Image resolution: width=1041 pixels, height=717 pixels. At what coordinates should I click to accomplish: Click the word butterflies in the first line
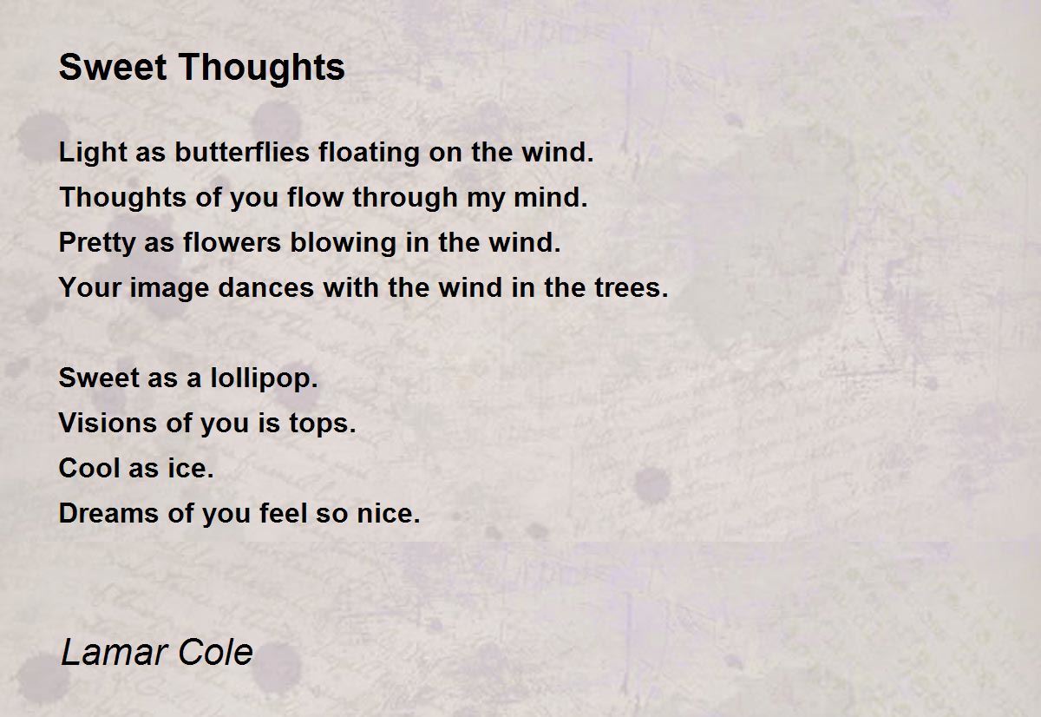tap(242, 152)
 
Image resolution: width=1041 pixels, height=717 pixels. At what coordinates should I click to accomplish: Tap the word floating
tap(369, 153)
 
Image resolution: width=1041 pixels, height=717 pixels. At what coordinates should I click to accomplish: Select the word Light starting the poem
tap(93, 153)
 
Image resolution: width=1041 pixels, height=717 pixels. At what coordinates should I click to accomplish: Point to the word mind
tap(550, 197)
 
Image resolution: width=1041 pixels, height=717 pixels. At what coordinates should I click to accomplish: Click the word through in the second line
tap(405, 198)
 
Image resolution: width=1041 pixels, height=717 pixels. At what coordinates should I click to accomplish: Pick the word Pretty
tap(96, 243)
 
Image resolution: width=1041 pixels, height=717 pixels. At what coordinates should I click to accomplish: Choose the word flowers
tap(232, 242)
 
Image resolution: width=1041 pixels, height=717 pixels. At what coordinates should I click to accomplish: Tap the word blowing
tap(343, 243)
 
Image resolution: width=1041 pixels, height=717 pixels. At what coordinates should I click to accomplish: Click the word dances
tap(265, 287)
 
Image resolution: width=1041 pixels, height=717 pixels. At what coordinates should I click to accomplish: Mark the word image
tap(169, 288)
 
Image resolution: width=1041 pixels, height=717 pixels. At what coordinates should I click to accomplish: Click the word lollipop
tap(264, 378)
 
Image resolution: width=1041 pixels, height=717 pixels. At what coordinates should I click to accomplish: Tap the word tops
tap(322, 424)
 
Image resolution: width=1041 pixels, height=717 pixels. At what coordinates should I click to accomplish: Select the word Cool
tap(88, 468)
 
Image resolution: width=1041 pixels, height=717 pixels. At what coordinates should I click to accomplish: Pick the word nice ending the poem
tap(388, 513)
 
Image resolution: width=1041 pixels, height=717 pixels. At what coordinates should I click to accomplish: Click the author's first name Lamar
tap(115, 652)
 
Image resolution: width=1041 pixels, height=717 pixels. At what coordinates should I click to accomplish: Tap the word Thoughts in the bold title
tap(261, 68)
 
